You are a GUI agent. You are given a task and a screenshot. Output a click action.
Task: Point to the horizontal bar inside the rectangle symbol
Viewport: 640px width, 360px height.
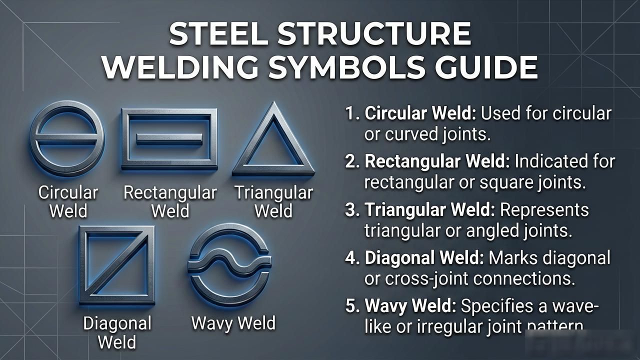point(169,139)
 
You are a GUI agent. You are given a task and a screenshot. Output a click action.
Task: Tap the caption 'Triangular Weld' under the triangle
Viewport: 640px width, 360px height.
point(273,201)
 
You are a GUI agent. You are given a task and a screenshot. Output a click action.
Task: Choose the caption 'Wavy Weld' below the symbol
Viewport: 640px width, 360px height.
point(233,323)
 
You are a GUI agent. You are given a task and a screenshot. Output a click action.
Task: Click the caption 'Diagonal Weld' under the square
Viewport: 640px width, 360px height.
point(117,332)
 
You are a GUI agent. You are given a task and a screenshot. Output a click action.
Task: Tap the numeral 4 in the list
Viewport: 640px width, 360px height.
point(350,257)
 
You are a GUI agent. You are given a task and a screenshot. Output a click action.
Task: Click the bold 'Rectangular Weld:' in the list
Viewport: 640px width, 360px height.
point(437,161)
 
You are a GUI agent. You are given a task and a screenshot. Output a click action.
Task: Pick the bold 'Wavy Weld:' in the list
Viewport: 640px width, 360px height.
point(410,306)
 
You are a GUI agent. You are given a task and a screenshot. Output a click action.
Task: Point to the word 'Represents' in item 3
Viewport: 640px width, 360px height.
point(544,210)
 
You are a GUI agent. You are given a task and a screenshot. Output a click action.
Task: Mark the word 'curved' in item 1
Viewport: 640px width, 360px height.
point(411,134)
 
